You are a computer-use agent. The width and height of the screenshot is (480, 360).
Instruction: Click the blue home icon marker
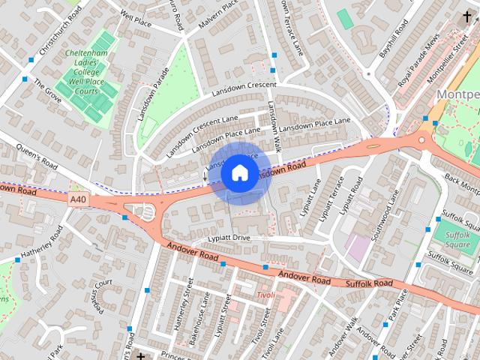pyautogui.click(x=239, y=172)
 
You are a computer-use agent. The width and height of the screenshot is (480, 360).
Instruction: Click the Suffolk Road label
pyautogui.click(x=369, y=283)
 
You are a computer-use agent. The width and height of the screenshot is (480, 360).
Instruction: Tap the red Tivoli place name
pyautogui.click(x=264, y=295)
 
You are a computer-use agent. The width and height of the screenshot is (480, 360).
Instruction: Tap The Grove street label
pyautogui.click(x=47, y=91)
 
